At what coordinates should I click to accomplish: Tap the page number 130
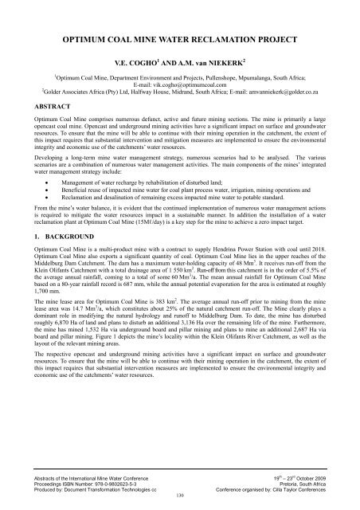179,495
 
